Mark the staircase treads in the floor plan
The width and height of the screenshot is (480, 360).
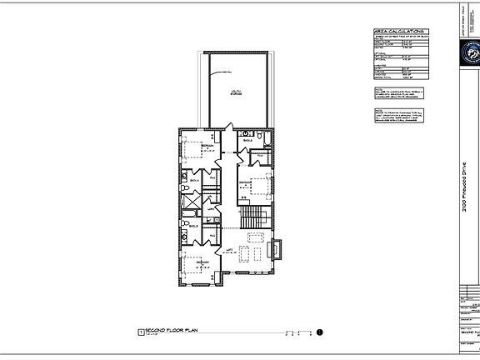tap(252, 218)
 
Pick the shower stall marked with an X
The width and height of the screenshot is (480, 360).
tap(189, 202)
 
